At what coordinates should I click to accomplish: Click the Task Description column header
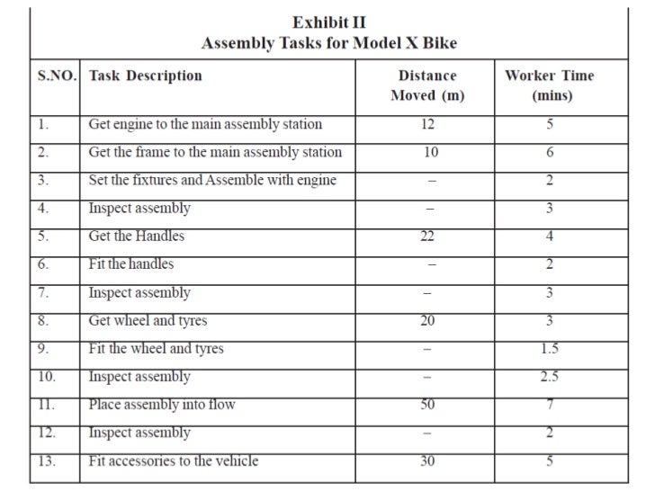point(145,76)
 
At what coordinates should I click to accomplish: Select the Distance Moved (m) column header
point(427,85)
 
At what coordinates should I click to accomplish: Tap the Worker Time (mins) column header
point(549,85)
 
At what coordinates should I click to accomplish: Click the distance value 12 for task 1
point(427,125)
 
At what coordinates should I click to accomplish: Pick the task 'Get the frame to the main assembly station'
point(215,152)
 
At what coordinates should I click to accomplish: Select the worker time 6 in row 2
point(549,153)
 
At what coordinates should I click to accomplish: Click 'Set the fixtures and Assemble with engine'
point(212,180)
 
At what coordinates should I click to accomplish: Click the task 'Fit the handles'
point(131,264)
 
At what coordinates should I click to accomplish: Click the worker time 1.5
point(549,348)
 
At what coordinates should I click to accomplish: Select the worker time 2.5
point(549,376)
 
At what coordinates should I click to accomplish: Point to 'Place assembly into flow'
point(162,405)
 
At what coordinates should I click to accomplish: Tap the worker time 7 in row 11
point(549,405)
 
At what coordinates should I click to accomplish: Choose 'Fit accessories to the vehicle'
point(174,460)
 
